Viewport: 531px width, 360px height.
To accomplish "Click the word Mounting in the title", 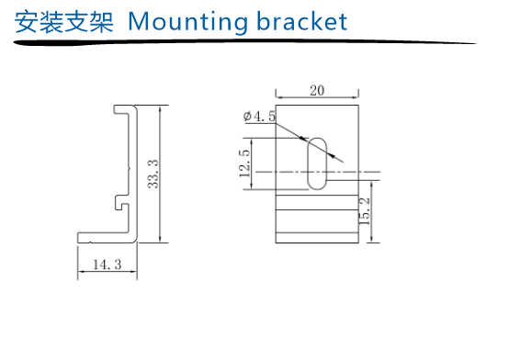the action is pyautogui.click(x=188, y=22).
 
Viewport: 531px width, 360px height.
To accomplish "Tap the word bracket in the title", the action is pyautogui.click(x=302, y=21).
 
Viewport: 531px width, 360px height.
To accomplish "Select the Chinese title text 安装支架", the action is pyautogui.click(x=63, y=22).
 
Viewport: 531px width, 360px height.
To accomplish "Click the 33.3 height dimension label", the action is pyautogui.click(x=153, y=174).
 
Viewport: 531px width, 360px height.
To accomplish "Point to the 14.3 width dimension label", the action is pyautogui.click(x=107, y=264).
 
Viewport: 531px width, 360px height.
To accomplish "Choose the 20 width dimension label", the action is pyautogui.click(x=317, y=91).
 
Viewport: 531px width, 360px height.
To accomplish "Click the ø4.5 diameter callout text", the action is pyautogui.click(x=259, y=117).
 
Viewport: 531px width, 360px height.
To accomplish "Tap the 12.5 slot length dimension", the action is pyautogui.click(x=244, y=163).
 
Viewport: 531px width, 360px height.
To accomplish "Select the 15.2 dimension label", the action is pyautogui.click(x=364, y=211).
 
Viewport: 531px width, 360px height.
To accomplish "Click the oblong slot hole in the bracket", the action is pyautogui.click(x=317, y=163).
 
